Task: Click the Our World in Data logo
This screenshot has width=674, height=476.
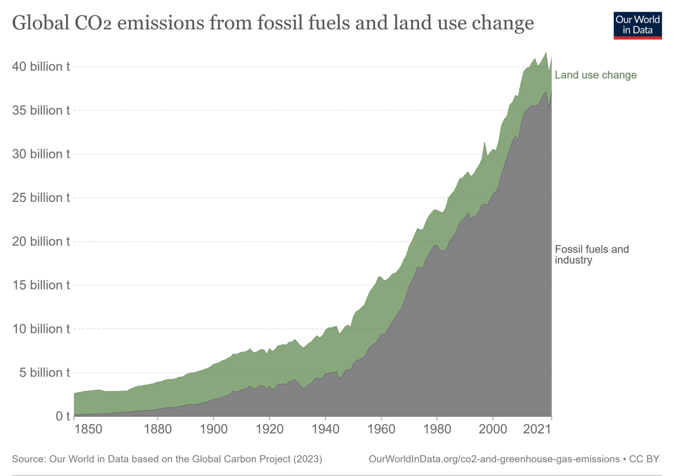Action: coord(637,25)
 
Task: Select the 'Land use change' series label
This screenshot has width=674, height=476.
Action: coord(595,75)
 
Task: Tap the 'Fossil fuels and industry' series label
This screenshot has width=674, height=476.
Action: coord(591,255)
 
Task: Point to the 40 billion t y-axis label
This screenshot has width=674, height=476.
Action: coord(41,67)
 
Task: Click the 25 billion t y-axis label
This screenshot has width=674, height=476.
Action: coord(41,198)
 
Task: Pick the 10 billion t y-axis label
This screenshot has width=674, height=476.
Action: coord(41,329)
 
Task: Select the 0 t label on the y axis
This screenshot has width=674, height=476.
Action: coord(62,416)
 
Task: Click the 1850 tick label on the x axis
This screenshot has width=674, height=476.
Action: coord(88,429)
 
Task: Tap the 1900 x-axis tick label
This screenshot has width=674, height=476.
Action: coord(214,429)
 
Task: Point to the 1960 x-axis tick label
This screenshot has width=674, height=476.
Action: coord(381,429)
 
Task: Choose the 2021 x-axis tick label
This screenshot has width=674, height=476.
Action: coord(537,429)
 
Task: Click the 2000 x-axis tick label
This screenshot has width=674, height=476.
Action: coord(493,429)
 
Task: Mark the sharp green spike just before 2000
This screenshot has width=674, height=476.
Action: coord(484,143)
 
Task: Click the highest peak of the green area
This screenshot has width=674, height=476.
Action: coord(546,53)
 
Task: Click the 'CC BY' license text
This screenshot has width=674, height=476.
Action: coord(644,459)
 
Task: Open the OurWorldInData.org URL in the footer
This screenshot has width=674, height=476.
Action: coord(494,459)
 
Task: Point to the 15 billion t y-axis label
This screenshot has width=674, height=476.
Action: coord(41,285)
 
